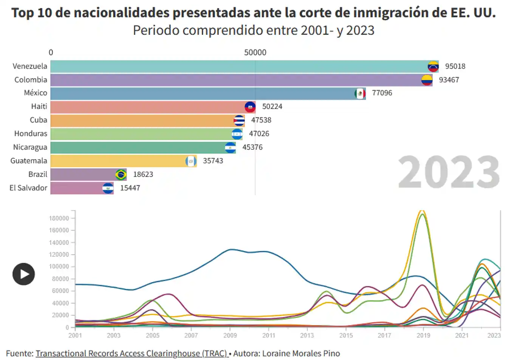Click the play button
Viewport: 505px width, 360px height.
tap(23, 274)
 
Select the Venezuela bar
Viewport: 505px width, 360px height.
tap(238, 67)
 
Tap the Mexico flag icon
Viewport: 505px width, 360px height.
tap(360, 93)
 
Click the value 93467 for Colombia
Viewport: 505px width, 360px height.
tap(449, 80)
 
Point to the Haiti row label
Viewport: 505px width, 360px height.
tap(39, 107)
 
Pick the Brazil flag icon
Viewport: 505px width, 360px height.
tap(121, 175)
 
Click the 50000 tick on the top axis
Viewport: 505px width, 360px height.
tap(255, 53)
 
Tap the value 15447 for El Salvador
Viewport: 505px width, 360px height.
tap(130, 188)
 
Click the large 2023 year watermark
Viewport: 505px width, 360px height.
tap(449, 172)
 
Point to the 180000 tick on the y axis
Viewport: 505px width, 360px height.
tap(59, 219)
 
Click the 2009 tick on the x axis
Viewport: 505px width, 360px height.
tap(230, 335)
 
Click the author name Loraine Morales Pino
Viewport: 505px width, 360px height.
tap(301, 354)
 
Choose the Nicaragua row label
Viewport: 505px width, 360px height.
tap(30, 147)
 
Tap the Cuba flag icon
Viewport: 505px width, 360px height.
tap(239, 121)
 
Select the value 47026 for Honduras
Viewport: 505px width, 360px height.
tap(259, 134)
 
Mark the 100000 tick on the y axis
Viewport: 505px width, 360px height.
tap(59, 267)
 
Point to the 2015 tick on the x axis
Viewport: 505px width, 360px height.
tap(346, 335)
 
